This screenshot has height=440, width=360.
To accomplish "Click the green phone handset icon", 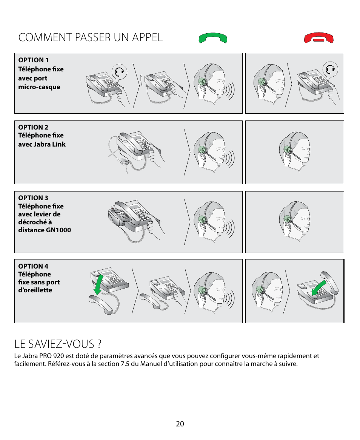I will click(x=213, y=38).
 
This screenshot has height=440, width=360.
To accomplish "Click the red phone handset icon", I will click(x=319, y=39).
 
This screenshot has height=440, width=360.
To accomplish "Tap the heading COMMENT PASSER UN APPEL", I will click(x=90, y=37).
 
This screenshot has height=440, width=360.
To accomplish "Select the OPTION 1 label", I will click(x=34, y=60).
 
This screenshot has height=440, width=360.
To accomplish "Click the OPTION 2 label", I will click(x=34, y=127).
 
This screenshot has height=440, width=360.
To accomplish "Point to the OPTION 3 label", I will click(x=34, y=198).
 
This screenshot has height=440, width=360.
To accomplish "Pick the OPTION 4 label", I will click(x=34, y=266).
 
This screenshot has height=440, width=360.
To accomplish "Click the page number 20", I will click(x=180, y=424).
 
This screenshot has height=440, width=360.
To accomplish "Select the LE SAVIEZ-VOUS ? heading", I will click(x=58, y=344).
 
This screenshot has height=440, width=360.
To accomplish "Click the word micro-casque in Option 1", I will click(x=39, y=87).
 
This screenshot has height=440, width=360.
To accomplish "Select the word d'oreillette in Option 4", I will click(x=35, y=290).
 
